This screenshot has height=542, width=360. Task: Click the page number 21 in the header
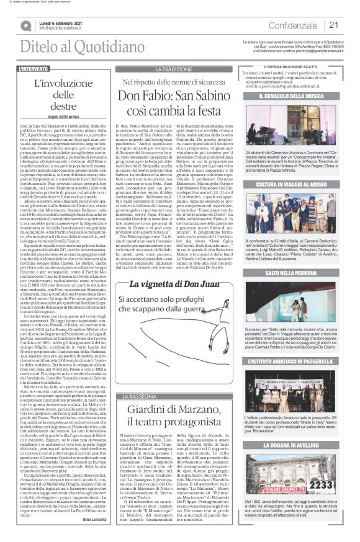[333, 24]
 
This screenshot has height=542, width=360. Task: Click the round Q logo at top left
[25, 25]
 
